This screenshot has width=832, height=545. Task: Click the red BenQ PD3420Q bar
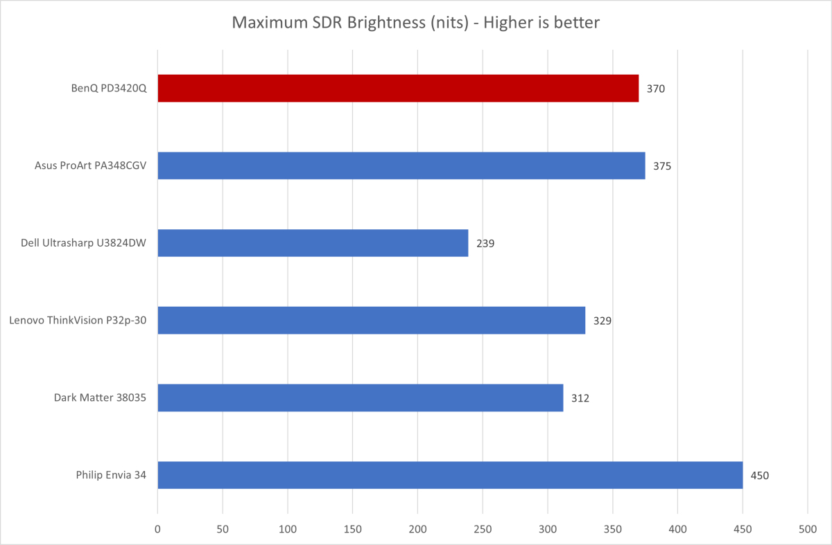click(398, 89)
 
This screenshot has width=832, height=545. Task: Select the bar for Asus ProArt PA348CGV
click(401, 166)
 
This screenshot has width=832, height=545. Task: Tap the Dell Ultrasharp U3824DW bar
click(313, 243)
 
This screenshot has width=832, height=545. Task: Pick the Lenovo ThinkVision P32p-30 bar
click(371, 321)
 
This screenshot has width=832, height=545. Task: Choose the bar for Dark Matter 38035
click(360, 397)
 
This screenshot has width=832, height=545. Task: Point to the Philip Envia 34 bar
click(450, 475)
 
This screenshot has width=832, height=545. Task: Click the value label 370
click(656, 89)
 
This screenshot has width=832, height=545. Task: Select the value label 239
click(485, 244)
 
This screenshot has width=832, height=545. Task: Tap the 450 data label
click(760, 476)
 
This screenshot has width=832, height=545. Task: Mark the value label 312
click(580, 398)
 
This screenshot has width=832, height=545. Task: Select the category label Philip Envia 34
click(111, 476)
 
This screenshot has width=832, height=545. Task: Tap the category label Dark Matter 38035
click(100, 398)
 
